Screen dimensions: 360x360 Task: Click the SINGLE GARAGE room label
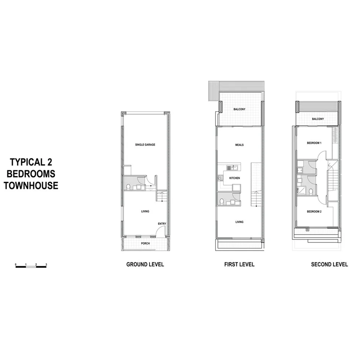click(145, 145)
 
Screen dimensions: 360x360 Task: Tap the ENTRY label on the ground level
click(161, 224)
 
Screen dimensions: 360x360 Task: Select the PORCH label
click(145, 243)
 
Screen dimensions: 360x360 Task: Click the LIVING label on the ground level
click(145, 211)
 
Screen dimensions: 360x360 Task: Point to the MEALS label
click(239, 145)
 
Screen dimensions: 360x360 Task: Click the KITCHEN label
click(234, 178)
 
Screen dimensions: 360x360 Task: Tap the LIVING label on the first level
click(239, 222)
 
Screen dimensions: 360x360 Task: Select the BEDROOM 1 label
click(314, 143)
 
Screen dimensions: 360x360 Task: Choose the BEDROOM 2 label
click(314, 212)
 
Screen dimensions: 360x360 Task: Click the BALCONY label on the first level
click(239, 109)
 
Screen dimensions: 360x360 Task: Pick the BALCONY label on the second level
click(318, 119)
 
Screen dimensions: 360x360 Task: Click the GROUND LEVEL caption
click(145, 265)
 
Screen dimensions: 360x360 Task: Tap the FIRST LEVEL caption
click(239, 265)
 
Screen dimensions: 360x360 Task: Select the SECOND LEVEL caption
click(329, 265)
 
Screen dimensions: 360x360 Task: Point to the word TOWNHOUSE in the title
click(31, 186)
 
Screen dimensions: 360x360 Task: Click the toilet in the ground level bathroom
click(128, 187)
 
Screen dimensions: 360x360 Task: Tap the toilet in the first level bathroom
click(221, 201)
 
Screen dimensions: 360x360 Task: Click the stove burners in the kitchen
click(221, 178)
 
